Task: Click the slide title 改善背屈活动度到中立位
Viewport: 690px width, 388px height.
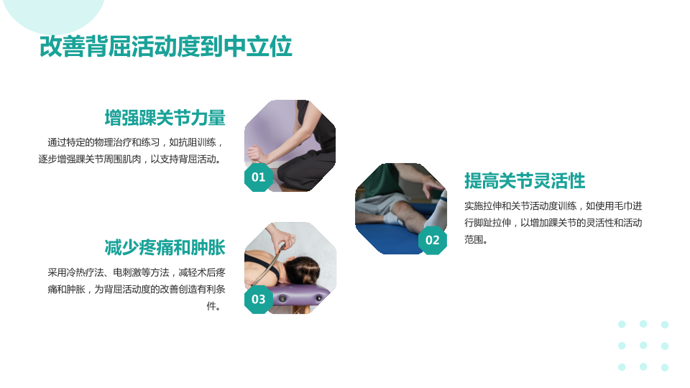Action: (165, 46)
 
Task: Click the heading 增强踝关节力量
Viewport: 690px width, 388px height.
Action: (165, 118)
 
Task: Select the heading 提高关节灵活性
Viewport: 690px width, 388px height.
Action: (525, 181)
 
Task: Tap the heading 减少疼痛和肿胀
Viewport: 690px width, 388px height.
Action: (165, 248)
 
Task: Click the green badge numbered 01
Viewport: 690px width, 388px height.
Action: (258, 177)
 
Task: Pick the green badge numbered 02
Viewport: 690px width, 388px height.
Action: (432, 240)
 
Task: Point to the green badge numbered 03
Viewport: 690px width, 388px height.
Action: (258, 300)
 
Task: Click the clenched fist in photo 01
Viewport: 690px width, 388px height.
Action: (255, 154)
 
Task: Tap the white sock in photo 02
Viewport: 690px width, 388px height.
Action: (436, 211)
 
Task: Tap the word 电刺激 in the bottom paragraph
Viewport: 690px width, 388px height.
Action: (126, 273)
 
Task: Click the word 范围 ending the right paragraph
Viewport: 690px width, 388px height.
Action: (474, 239)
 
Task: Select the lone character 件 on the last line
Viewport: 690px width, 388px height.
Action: (211, 306)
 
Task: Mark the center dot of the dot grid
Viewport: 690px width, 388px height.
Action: (643, 346)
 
